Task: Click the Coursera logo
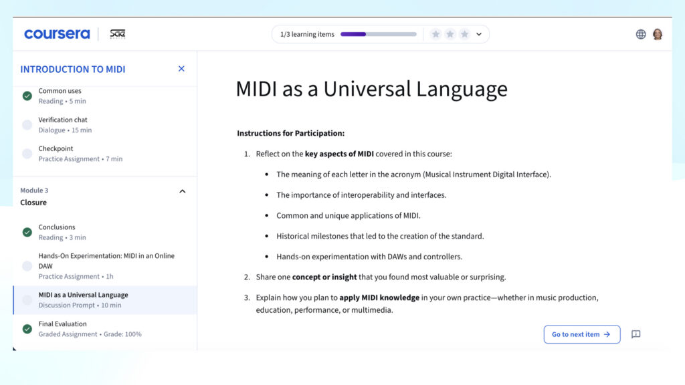[x=57, y=34]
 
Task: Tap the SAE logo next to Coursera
[x=118, y=34]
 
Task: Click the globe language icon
[x=641, y=34]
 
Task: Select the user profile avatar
[x=658, y=34]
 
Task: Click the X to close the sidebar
[x=181, y=69]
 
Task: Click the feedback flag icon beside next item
[x=635, y=334]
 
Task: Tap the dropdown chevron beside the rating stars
[x=479, y=34]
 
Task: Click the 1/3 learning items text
[x=307, y=34]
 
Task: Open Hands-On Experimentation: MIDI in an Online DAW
[x=106, y=261]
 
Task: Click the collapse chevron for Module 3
[x=183, y=191]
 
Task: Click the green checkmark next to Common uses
[x=27, y=96]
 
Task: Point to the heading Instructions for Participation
[x=290, y=133]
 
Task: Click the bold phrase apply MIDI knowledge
[x=379, y=297]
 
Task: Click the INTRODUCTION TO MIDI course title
[x=73, y=69]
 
